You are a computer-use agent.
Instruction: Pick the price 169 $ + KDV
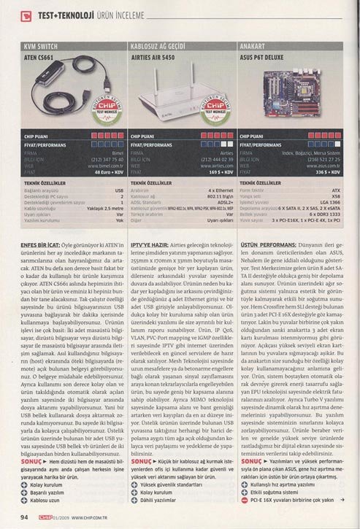(219, 175)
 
